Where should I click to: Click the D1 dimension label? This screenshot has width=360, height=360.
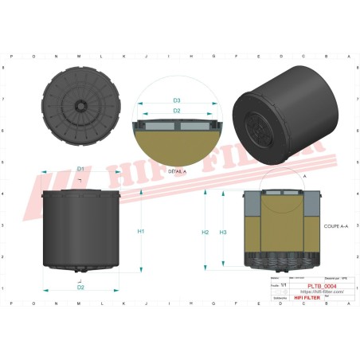(x=80, y=169)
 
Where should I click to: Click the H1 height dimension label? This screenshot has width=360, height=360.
(x=140, y=232)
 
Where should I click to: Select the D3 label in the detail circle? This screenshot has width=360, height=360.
(x=177, y=101)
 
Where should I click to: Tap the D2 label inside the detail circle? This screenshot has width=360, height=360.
(x=177, y=112)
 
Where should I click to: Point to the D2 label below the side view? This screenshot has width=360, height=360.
(x=80, y=288)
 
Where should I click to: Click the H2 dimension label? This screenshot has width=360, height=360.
(x=205, y=232)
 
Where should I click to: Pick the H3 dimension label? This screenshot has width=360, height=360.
(x=223, y=232)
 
